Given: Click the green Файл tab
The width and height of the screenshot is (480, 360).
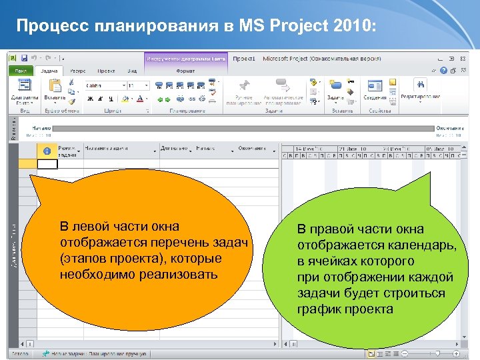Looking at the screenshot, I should pyautogui.click(x=21, y=70).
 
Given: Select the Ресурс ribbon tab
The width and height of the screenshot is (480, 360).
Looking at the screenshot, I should pyautogui.click(x=77, y=70).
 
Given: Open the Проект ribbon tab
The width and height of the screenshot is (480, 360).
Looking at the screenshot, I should pyautogui.click(x=106, y=70).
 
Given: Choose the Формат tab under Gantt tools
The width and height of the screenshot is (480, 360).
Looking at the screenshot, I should pyautogui.click(x=186, y=70).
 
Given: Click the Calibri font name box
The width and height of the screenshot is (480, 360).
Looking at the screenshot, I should pyautogui.click(x=105, y=85).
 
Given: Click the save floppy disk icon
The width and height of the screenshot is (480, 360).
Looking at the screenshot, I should pyautogui.click(x=24, y=59).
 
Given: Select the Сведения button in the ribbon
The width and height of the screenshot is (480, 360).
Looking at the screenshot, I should pyautogui.click(x=375, y=90).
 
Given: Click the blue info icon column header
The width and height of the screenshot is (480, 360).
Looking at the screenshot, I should pyautogui.click(x=47, y=150).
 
